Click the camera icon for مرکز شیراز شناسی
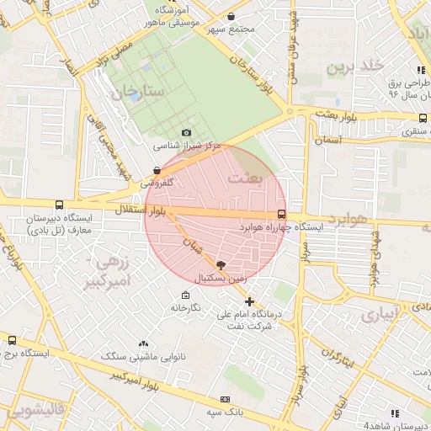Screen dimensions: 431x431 click(186, 133)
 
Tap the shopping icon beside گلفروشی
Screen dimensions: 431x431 click(157, 170)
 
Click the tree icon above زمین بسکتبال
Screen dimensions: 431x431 click(221, 263)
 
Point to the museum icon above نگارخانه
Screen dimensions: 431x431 click(186, 295)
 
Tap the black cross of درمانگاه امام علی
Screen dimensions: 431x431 click(249, 301)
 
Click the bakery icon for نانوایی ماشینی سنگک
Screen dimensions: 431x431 click(143, 343)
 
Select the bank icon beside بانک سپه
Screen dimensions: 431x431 click(225, 399)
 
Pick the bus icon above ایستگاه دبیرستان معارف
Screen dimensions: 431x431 click(59, 205)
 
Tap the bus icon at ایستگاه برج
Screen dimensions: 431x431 click(12, 341)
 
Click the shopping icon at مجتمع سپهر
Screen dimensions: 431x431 click(231, 17)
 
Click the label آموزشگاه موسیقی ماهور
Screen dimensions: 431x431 click(172, 15)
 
